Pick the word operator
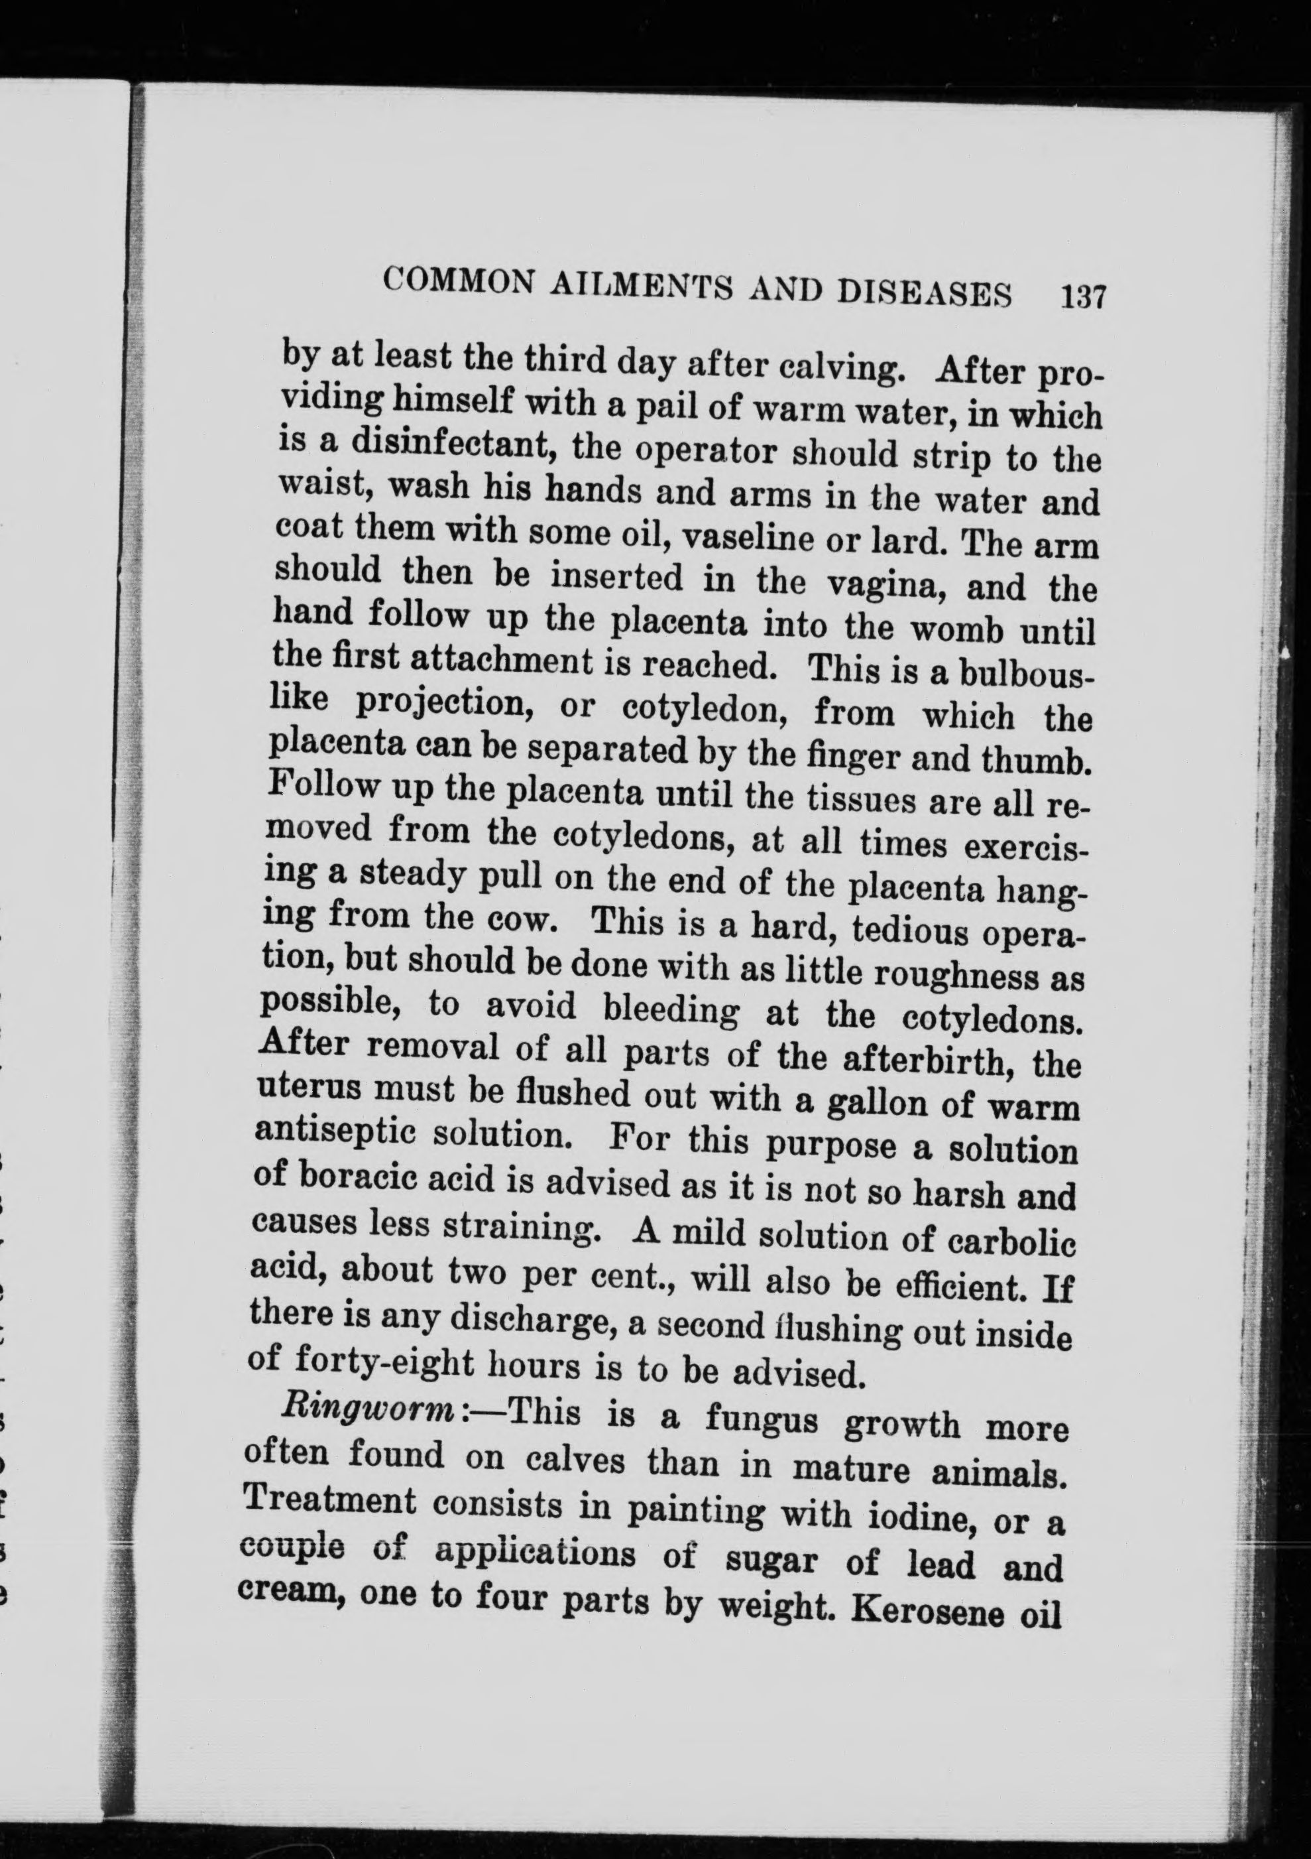704,452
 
